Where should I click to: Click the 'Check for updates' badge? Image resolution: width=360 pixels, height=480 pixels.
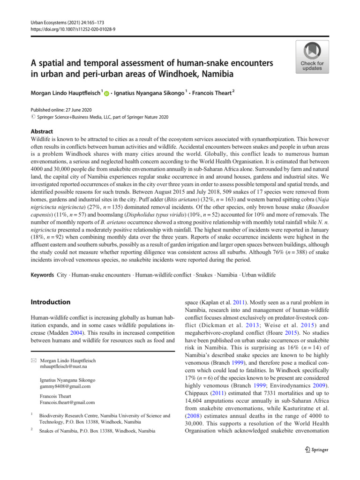[312, 57]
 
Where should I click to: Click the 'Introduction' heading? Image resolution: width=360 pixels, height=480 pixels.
[51, 302]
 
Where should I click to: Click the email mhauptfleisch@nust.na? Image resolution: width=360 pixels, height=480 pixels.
[68, 367]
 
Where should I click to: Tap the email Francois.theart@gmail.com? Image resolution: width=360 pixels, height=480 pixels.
[68, 403]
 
